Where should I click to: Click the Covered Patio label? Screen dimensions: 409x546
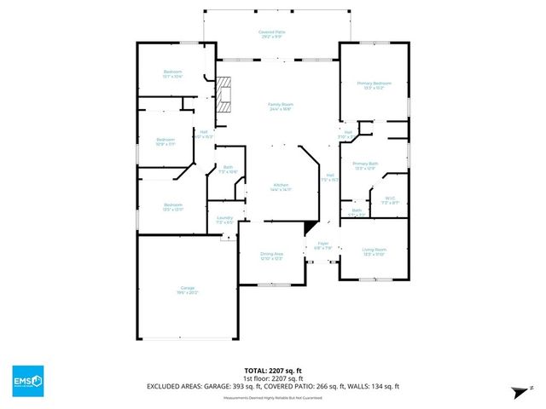272,34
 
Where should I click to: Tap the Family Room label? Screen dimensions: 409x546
281,107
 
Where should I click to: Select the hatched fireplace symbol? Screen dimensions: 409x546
224,95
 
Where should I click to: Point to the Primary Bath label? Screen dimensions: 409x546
365,165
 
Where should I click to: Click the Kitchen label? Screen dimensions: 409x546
282,187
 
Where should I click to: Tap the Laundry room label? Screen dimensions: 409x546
224,220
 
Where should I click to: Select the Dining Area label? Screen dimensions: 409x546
271,256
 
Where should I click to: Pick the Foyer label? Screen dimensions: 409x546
322,246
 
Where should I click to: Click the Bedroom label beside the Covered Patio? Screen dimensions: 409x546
174,73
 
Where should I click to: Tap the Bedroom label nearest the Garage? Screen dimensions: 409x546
173,207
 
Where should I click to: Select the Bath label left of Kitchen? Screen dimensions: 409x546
227,170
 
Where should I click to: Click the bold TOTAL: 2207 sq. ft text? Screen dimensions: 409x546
272,370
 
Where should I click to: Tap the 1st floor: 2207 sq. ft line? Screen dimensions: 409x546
272,378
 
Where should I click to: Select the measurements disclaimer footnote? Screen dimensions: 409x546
272,397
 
